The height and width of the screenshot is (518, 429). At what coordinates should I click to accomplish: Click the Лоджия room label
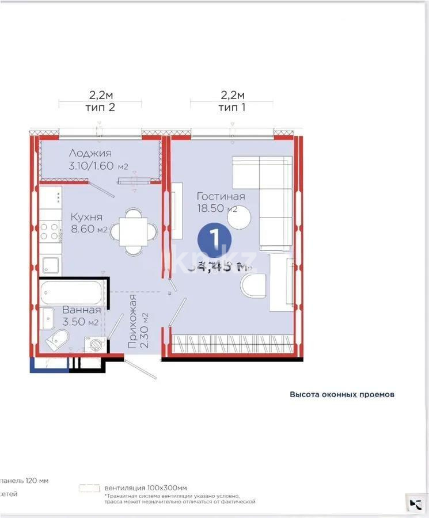point(90,153)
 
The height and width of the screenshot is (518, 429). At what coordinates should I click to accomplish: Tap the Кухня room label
point(86,217)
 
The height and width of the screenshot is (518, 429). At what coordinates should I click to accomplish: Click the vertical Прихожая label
point(134,324)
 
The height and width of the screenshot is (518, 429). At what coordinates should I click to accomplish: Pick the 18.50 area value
point(211,209)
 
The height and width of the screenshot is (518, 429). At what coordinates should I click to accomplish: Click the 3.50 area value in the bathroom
point(74,322)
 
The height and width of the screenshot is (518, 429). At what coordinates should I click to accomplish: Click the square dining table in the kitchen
point(134,231)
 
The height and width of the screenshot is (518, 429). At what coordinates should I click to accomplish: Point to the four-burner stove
point(51,231)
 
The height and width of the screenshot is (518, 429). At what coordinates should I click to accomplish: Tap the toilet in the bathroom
point(56,340)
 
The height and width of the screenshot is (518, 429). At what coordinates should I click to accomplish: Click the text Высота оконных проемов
point(341,395)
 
